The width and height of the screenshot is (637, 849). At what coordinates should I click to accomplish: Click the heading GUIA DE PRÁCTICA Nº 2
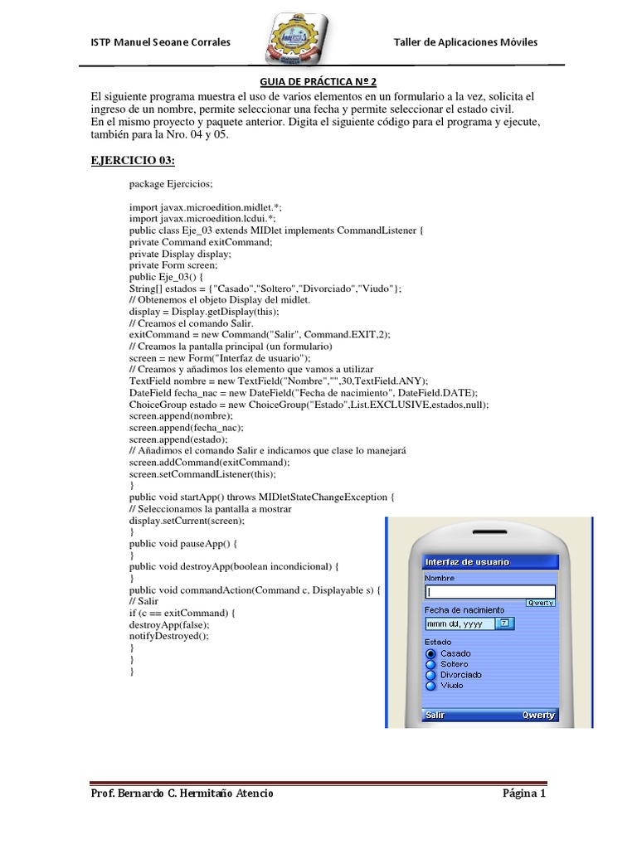pyautogui.click(x=318, y=82)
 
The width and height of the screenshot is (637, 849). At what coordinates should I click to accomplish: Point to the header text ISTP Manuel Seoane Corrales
pyautogui.click(x=160, y=42)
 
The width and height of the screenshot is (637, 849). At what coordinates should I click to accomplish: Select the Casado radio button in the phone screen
pyautogui.click(x=430, y=653)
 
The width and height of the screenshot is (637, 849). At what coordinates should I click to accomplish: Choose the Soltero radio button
pyautogui.click(x=430, y=664)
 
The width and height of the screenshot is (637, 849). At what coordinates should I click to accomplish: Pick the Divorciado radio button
pyautogui.click(x=430, y=675)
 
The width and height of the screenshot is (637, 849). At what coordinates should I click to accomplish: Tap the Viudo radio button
pyautogui.click(x=430, y=686)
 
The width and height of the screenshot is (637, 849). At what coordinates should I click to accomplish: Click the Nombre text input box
pyautogui.click(x=489, y=592)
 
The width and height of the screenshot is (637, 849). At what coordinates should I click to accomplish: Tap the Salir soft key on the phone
pyautogui.click(x=435, y=715)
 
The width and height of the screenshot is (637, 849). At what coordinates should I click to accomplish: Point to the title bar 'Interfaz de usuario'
pyautogui.click(x=468, y=562)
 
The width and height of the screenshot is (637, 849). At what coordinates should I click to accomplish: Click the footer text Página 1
pyautogui.click(x=524, y=794)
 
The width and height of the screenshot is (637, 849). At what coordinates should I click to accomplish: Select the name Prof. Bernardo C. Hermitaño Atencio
pyautogui.click(x=182, y=794)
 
